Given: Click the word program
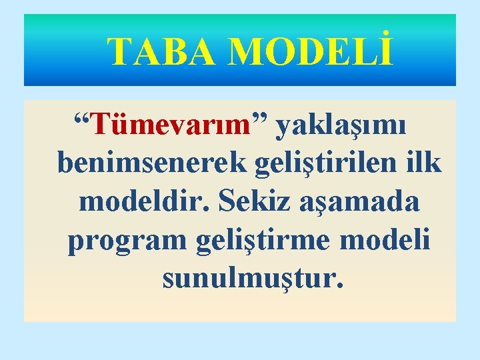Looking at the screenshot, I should coord(129,240).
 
